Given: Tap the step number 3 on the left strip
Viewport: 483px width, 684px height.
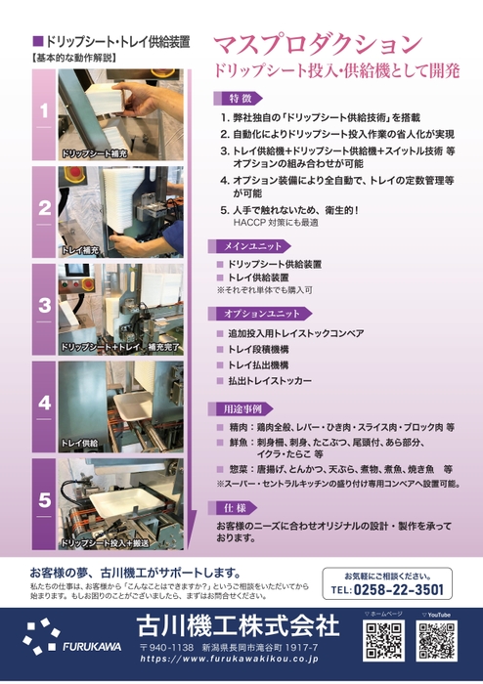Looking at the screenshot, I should [44, 305].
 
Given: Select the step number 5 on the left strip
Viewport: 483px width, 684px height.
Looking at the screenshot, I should [44, 500].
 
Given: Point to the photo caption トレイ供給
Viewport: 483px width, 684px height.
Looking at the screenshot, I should [81, 442].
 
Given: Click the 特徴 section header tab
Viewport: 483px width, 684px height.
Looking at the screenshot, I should [241, 99].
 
